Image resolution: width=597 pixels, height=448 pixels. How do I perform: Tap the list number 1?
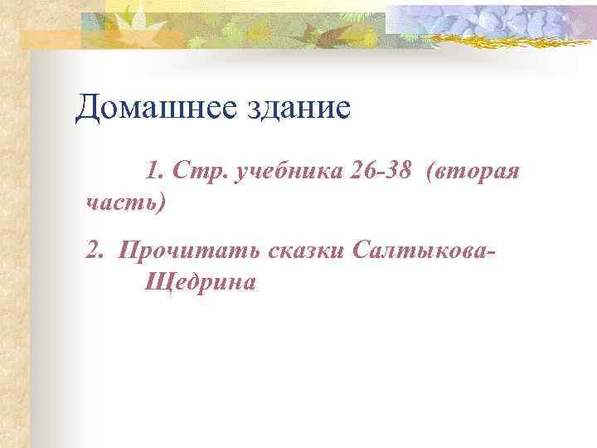[x=154, y=172]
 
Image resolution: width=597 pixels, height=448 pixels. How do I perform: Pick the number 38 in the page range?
[x=400, y=172]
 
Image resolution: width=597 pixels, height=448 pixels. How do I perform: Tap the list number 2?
[x=94, y=250]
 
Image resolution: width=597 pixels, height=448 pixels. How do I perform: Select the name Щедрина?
[x=200, y=282]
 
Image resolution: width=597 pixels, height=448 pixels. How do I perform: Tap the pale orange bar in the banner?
[x=50, y=37]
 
